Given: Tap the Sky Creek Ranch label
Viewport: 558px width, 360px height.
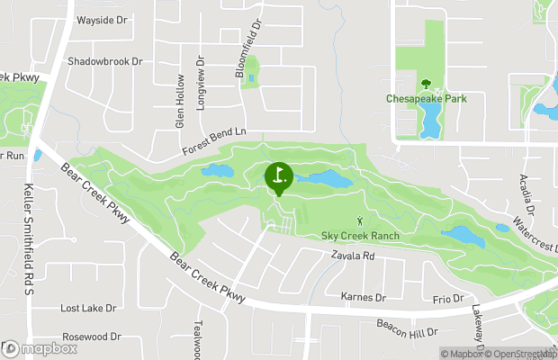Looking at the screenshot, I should click(360, 236).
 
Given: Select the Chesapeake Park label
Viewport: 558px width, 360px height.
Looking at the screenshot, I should click(427, 98).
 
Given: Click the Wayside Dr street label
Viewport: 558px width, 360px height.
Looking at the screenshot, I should click(103, 19).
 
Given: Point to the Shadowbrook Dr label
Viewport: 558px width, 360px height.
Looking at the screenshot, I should click(105, 61).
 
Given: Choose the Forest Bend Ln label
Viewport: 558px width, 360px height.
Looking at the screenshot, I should click(213, 140).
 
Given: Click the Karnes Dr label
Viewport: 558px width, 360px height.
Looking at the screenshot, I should click(363, 296).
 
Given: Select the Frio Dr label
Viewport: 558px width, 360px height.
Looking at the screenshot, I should click(447, 298).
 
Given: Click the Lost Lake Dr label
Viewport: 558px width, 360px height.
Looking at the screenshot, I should click(88, 308).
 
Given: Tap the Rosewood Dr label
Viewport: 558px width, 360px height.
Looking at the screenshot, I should click(90, 337).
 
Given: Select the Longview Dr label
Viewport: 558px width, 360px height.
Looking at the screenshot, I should click(202, 85).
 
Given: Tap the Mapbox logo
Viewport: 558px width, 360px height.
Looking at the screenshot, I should click(40, 348).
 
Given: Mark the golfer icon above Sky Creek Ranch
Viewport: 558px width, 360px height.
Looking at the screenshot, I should click(361, 220).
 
